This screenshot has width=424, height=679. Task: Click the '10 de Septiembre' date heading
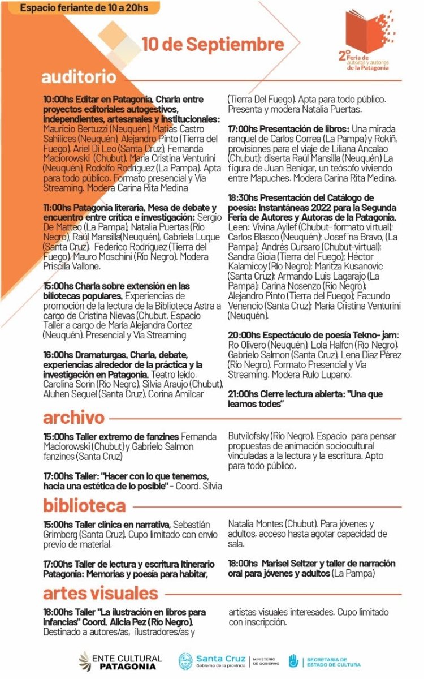tap(213, 44)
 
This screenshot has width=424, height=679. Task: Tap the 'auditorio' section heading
tap(79, 76)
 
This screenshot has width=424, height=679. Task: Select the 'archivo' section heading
tap(73, 418)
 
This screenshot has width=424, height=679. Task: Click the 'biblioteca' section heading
tap(84, 505)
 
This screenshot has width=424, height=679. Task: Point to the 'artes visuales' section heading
tap(100, 593)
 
